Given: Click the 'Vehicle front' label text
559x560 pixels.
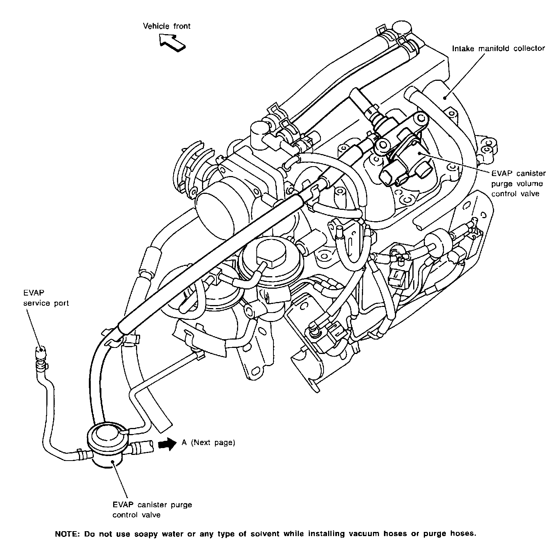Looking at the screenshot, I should pos(167,26).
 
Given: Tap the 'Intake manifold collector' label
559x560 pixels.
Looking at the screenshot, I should pos(499,49).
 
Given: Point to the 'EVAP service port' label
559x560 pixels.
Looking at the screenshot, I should pos(46,298).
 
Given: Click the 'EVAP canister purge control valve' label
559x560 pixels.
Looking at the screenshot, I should pos(152,510).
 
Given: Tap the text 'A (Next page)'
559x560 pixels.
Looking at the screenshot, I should pos(208,443).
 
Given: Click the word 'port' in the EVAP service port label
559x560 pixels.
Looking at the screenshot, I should pos(61,303).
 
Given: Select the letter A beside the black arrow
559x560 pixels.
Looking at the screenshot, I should pos(184,443).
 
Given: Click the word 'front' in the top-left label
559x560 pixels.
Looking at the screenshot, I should pos(182,26).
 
